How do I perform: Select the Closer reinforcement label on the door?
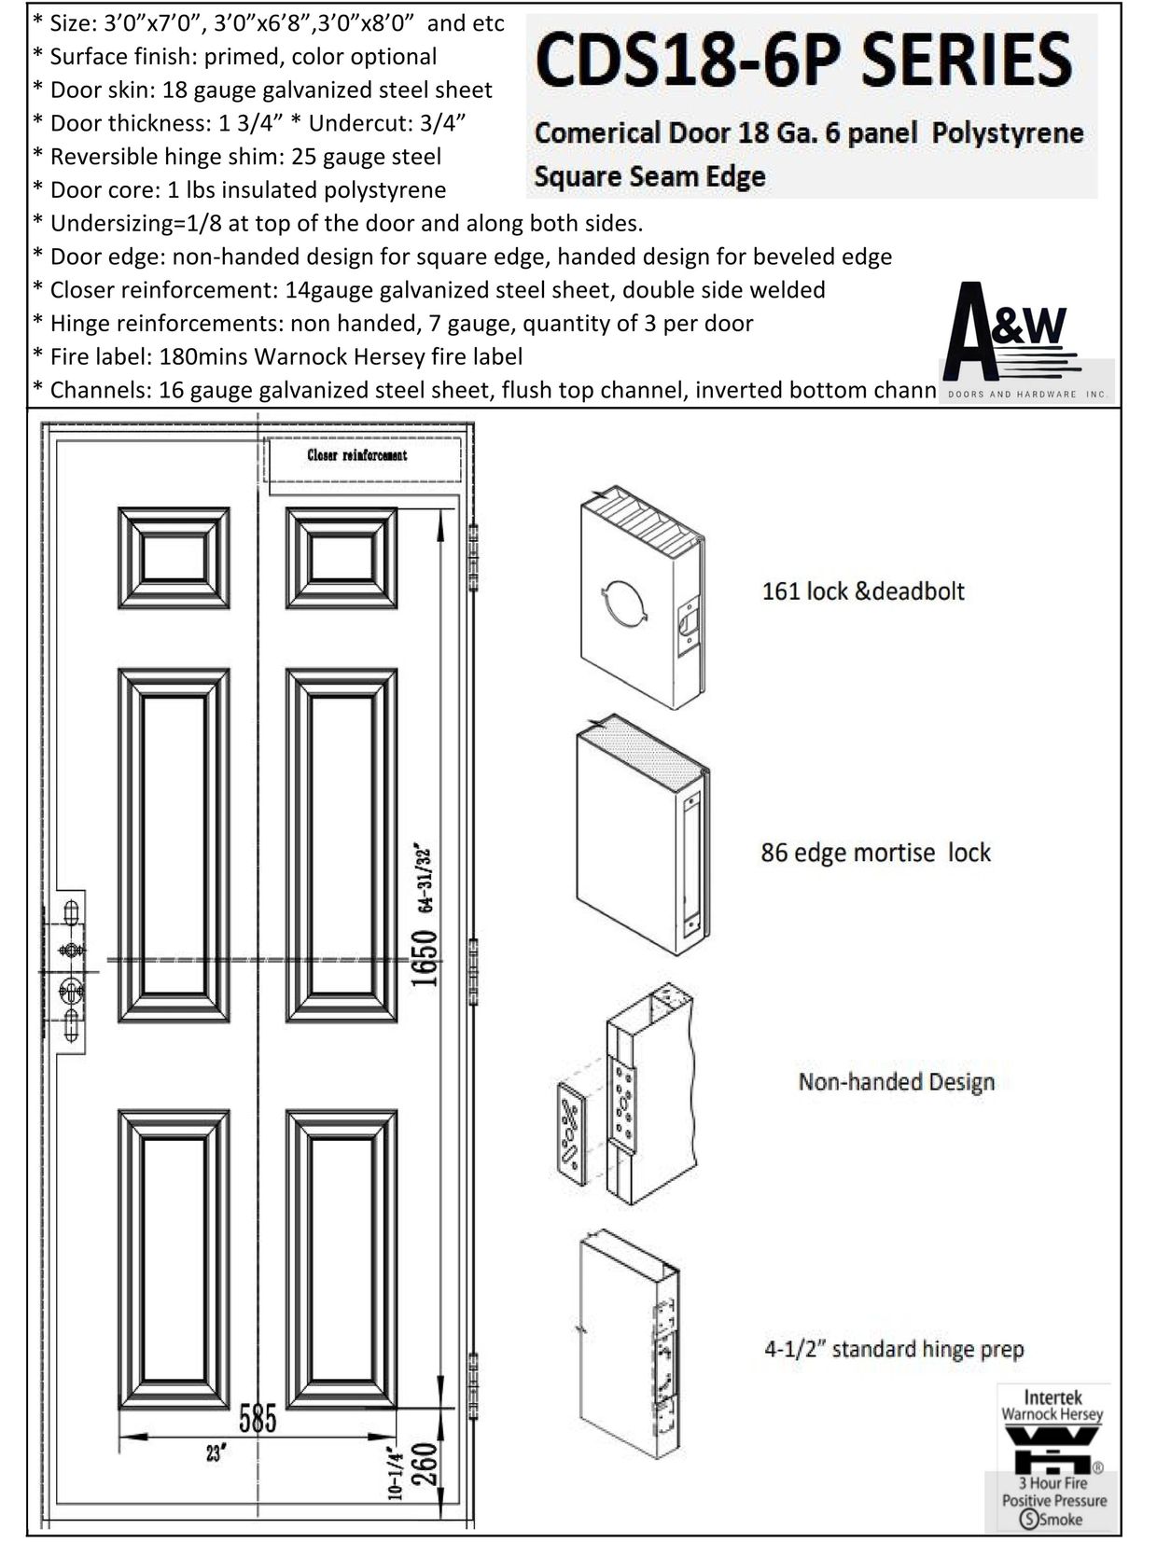pos(357,455)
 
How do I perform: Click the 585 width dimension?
pos(258,1419)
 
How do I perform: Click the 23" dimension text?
pos(217,1453)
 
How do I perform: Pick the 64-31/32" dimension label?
pos(425,877)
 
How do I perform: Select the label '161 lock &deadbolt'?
pos(863,591)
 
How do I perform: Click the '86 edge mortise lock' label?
pos(875,853)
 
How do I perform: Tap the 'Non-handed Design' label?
pos(896,1082)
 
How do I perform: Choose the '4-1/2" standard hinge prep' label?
pos(894,1349)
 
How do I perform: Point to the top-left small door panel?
pos(174,558)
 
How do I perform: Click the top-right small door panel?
pos(342,558)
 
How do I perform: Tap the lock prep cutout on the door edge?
pos(71,971)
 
